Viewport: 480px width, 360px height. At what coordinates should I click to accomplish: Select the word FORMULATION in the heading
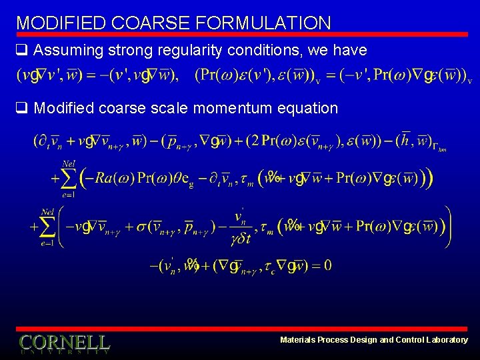coord(264,23)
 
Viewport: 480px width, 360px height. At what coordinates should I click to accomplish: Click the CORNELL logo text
coord(64,343)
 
